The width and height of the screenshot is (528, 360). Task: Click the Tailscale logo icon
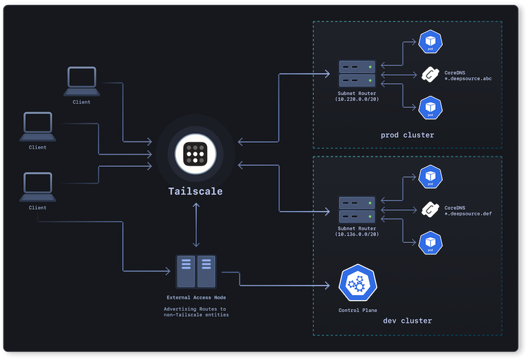[195, 154]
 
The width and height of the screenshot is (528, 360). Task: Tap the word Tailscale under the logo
[195, 191]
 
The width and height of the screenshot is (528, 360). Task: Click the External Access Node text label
[196, 297]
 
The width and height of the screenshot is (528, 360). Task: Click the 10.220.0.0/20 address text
[356, 99]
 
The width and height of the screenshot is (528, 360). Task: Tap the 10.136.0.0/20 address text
[356, 234]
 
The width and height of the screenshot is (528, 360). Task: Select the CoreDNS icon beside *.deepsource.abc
[429, 74]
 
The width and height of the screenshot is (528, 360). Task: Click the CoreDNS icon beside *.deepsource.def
[429, 209]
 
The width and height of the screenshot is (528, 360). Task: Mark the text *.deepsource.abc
[467, 79]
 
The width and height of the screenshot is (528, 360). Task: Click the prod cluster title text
[407, 135]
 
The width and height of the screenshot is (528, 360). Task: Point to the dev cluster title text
[407, 321]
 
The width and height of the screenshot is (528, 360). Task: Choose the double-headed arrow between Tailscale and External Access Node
[195, 225]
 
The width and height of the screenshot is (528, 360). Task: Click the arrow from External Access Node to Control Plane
[282, 285]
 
